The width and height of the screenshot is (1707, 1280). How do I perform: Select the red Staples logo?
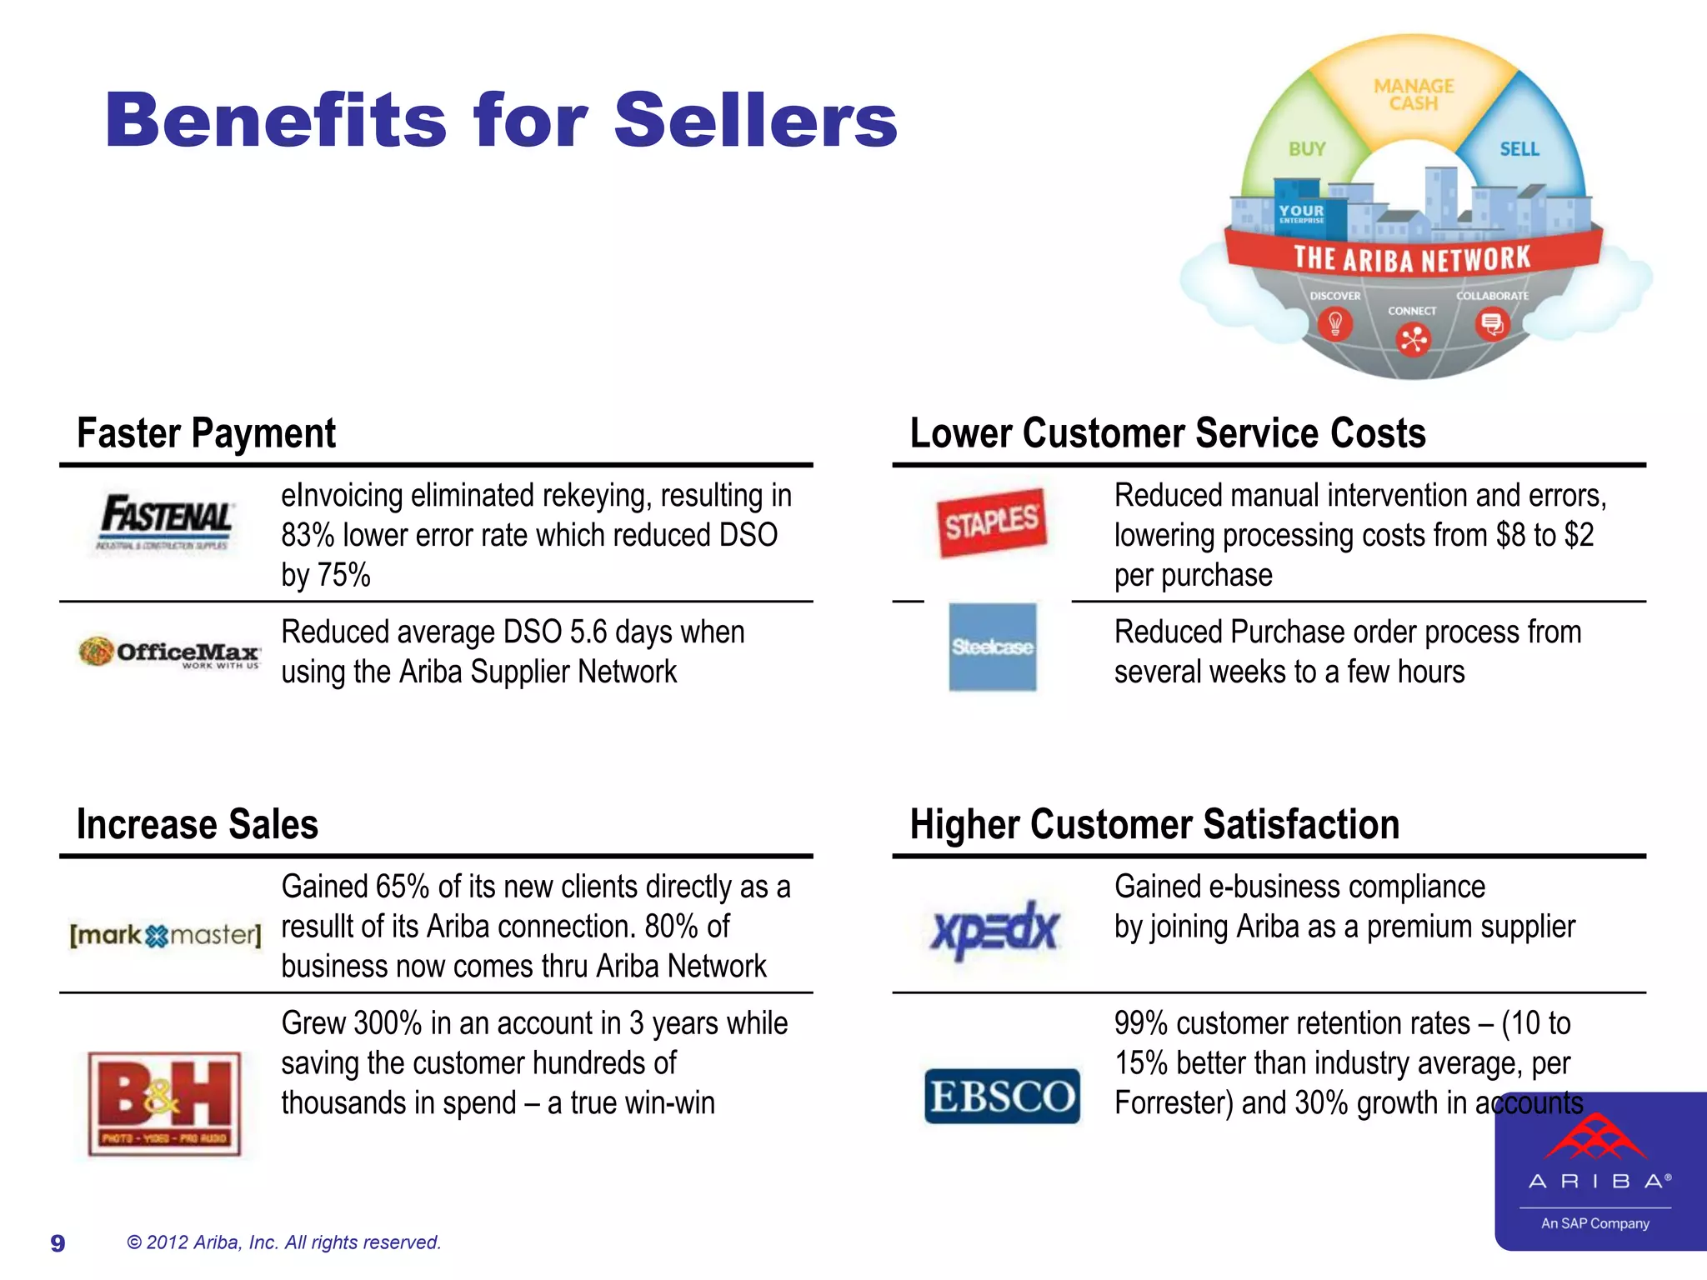[x=991, y=522]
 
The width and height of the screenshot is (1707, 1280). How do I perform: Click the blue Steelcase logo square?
[x=993, y=647]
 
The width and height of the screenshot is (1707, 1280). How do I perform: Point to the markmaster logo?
[x=165, y=935]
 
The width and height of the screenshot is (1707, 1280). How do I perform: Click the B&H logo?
[x=165, y=1103]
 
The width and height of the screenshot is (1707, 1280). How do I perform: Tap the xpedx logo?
[x=994, y=929]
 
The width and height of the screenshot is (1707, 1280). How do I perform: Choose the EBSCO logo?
[x=1002, y=1096]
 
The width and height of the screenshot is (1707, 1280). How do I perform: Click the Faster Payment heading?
[x=206, y=433]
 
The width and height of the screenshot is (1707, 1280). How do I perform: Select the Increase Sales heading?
[x=198, y=824]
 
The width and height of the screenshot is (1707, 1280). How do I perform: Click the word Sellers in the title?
[x=755, y=121]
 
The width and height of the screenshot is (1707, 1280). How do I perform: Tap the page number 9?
[x=58, y=1243]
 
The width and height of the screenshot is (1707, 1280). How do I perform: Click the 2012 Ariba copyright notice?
[x=283, y=1242]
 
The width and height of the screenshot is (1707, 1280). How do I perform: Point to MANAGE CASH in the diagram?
[x=1414, y=95]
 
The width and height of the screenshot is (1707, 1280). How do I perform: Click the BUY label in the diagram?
[x=1306, y=149]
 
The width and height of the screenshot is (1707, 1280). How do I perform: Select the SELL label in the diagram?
[x=1519, y=149]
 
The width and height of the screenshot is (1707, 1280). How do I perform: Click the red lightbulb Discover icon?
[x=1335, y=323]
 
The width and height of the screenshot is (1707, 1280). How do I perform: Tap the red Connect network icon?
[x=1413, y=339]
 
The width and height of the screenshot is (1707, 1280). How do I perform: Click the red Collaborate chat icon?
[x=1492, y=323]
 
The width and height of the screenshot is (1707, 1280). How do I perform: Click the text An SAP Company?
[x=1594, y=1223]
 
